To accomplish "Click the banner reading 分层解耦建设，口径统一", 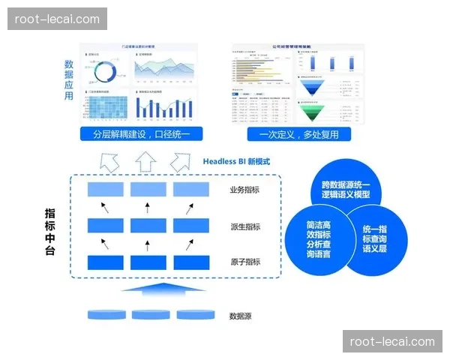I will tap(142, 134).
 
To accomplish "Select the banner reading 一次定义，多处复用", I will tap(298, 134).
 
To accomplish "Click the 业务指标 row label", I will tap(245, 190).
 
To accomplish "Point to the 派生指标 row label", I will tap(245, 226).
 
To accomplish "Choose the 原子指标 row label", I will tap(245, 262).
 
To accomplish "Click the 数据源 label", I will tap(240, 316).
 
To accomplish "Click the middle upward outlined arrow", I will tap(146, 160).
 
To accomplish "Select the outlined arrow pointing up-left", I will tap(110, 161).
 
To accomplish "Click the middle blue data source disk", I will tap(147, 313).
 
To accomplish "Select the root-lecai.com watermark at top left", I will tap(57, 19).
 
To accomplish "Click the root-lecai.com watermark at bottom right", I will tap(392, 342).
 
